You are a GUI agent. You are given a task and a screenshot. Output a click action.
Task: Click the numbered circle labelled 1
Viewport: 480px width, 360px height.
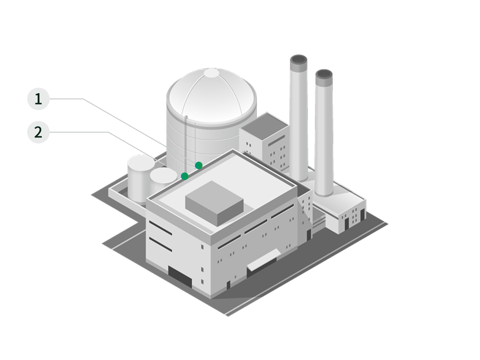38,99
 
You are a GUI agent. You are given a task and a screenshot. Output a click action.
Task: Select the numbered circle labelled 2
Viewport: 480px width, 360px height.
38,132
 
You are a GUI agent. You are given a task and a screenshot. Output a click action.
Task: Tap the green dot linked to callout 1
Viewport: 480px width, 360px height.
199,165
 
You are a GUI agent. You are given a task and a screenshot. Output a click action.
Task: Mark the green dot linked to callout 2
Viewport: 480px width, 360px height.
185,176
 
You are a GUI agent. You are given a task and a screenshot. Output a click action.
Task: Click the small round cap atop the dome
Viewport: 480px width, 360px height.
211,73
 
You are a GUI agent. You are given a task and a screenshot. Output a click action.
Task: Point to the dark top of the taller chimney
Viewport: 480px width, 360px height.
299,60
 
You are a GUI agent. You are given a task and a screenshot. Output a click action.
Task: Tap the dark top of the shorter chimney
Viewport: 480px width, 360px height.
324,74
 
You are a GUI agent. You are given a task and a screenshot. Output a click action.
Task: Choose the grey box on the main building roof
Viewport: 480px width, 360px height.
214,203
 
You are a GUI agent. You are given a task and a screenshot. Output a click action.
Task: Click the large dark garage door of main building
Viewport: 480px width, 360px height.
180,277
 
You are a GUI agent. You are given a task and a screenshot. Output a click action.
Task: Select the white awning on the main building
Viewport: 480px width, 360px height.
263,260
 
